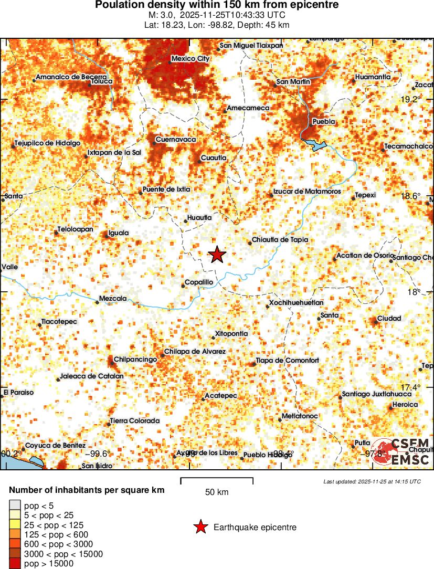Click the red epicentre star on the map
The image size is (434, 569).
click(217, 255)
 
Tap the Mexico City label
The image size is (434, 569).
click(190, 59)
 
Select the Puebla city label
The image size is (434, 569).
click(323, 122)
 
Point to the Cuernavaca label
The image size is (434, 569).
click(176, 140)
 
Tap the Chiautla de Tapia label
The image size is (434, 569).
click(280, 240)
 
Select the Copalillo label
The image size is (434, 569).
click(199, 282)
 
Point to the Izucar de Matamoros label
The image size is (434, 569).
click(307, 192)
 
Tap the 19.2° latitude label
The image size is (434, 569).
click(411, 100)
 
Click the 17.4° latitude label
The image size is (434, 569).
click(411, 387)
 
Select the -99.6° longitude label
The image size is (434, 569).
click(97, 454)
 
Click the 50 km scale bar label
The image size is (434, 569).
click(216, 492)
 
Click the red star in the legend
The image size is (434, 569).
click(200, 528)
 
